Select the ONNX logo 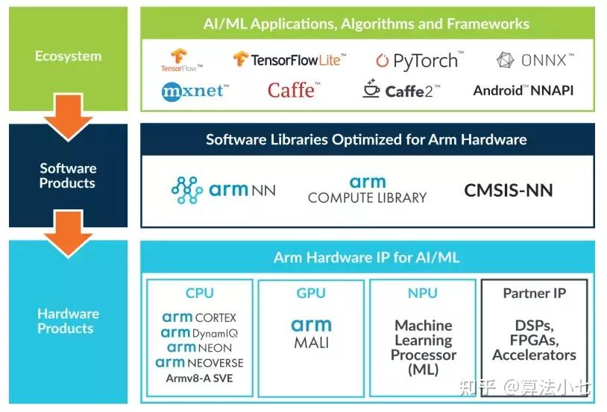click(x=535, y=60)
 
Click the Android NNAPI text click(x=523, y=90)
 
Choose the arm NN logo click(x=223, y=189)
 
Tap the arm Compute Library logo click(x=367, y=190)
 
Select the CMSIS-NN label click(x=509, y=190)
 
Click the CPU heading click(x=199, y=293)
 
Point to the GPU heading click(x=311, y=293)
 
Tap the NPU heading click(x=422, y=293)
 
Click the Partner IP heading click(x=534, y=293)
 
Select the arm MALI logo click(x=311, y=333)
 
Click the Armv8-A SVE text click(x=199, y=378)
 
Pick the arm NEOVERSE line click(x=199, y=363)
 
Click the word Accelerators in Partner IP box click(x=534, y=355)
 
